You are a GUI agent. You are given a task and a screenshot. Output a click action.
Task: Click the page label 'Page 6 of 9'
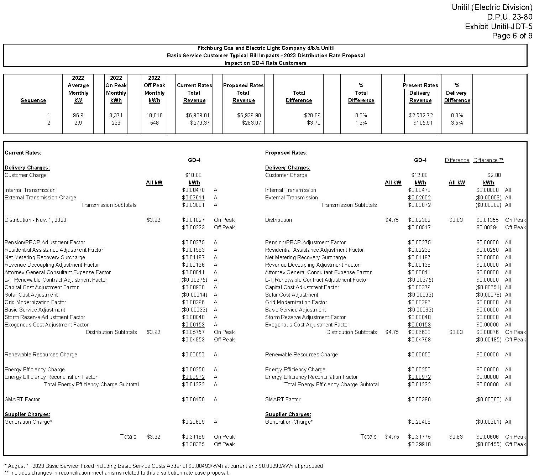pos(512,36)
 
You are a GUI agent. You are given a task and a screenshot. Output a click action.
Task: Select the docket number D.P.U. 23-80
pos(509,17)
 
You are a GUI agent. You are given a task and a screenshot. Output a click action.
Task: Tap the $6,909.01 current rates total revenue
pos(198,115)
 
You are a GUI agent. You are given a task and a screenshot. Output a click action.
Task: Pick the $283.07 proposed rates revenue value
pos(251,123)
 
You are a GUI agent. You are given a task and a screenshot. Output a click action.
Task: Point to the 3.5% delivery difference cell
pos(457,123)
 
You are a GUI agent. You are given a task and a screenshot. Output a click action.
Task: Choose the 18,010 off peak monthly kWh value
pos(154,115)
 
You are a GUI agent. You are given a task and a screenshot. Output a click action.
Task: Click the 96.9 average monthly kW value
pos(78,115)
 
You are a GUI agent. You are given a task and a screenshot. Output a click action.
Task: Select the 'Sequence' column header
pos(33,100)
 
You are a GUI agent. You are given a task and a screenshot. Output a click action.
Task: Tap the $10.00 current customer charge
pos(193,175)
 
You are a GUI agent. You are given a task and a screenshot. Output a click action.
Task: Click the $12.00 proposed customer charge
pos(419,175)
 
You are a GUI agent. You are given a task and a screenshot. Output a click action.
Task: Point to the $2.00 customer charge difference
pos(494,175)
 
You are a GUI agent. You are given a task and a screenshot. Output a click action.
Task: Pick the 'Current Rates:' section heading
pos(23,153)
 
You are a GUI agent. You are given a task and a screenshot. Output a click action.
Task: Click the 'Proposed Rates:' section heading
pos(286,153)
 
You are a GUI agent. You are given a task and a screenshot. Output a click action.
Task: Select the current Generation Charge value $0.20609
pos(193,422)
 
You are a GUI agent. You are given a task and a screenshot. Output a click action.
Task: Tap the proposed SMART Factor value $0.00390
pos(419,399)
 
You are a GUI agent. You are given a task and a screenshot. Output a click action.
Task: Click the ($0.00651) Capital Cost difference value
pos(488,287)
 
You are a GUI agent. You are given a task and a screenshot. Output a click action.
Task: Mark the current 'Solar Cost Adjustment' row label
pos(31,295)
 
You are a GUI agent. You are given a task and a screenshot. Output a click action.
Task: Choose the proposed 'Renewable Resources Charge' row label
pos(301,355)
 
